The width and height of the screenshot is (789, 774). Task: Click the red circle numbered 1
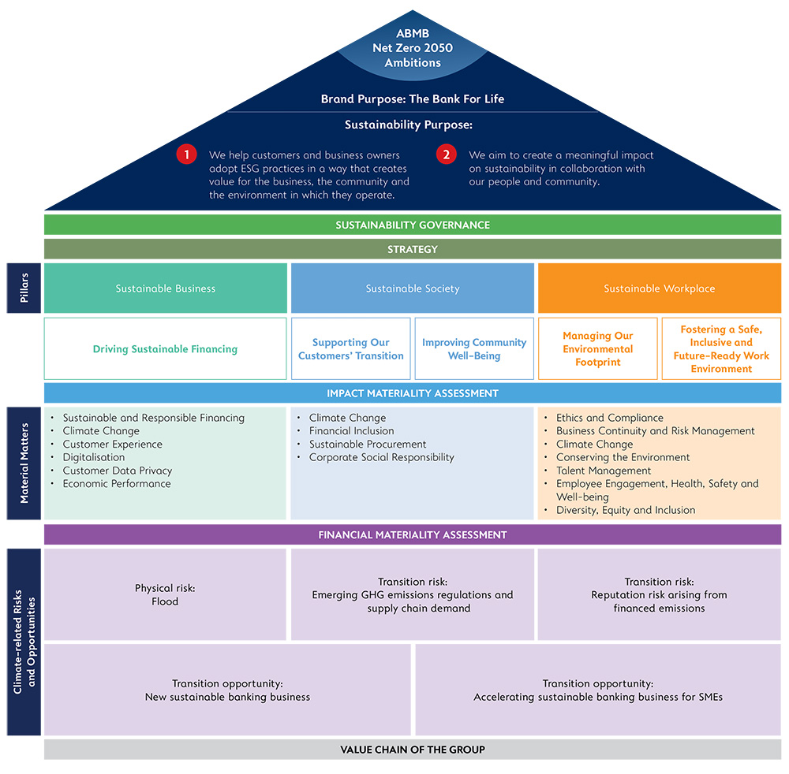186,154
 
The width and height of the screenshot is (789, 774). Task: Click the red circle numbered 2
447,154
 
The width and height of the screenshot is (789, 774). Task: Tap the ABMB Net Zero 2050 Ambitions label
413,48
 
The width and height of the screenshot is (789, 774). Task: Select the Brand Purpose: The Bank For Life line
413,99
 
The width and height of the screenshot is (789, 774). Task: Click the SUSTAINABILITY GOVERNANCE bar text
413,225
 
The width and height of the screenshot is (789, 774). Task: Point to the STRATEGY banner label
413,249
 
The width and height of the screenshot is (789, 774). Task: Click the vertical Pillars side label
24,288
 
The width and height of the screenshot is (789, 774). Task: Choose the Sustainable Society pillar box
413,288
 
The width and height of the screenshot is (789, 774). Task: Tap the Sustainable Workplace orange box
659,288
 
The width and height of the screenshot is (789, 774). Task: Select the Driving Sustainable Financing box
165,349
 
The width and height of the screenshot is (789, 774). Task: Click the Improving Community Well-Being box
474,349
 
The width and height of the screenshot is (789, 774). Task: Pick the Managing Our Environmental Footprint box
598,349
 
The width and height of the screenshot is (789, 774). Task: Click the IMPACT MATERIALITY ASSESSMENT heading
413,393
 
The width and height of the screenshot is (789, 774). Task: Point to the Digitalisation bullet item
94,457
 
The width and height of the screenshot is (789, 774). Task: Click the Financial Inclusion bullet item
351,430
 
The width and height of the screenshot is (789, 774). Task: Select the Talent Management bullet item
604,471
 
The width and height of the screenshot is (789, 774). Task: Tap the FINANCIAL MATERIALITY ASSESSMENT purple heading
413,534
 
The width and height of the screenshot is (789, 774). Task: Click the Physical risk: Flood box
165,594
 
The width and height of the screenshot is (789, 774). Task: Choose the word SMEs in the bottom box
711,697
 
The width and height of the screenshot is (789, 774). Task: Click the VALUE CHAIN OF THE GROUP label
413,750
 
